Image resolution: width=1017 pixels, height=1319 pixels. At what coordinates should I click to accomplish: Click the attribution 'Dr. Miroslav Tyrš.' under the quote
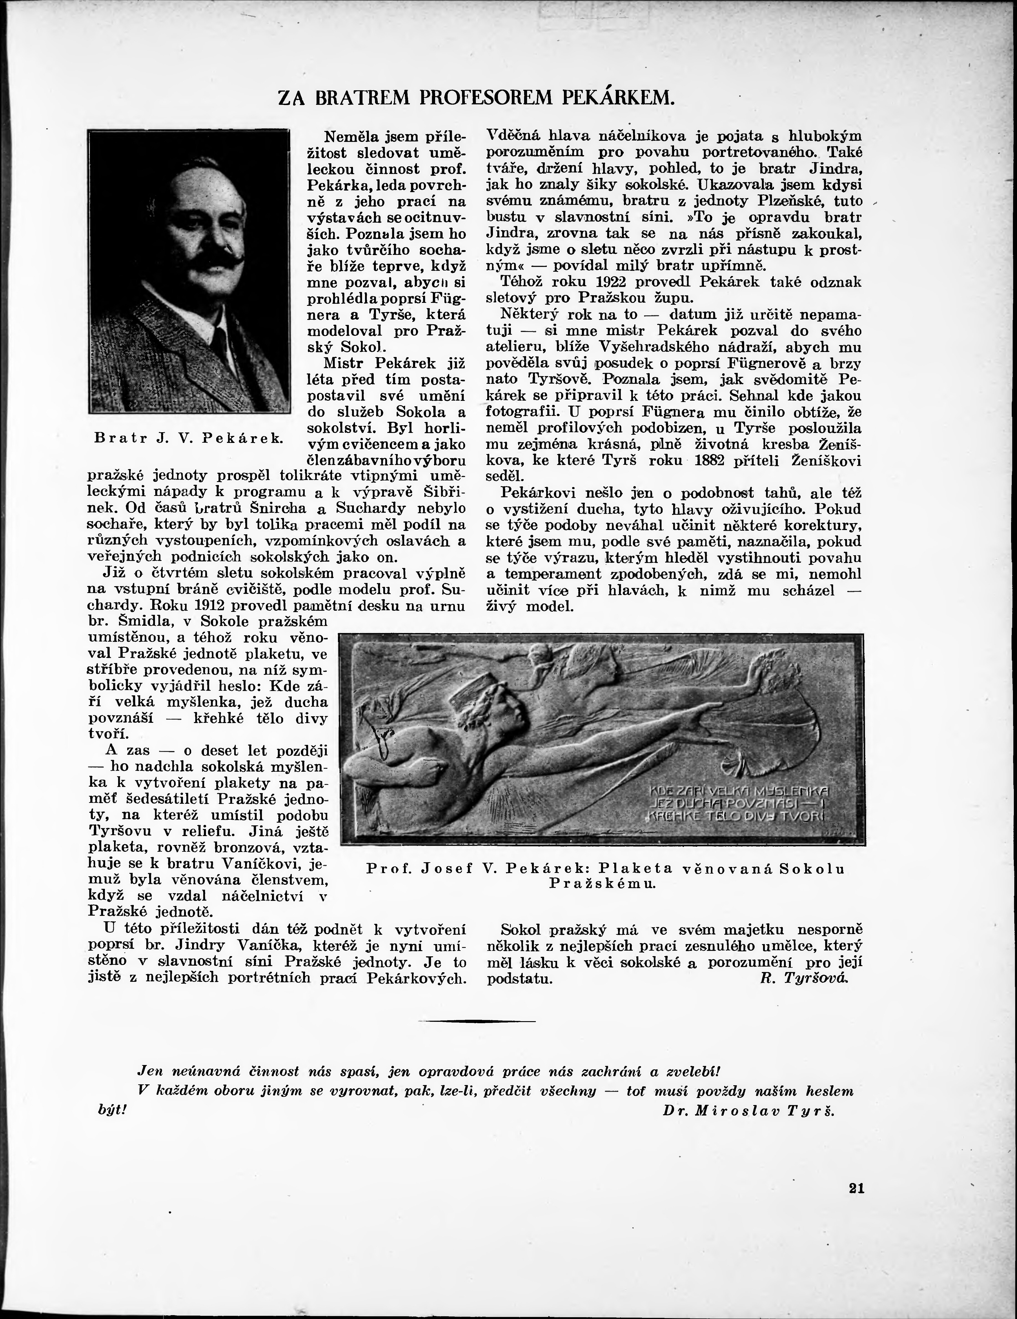click(748, 1110)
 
